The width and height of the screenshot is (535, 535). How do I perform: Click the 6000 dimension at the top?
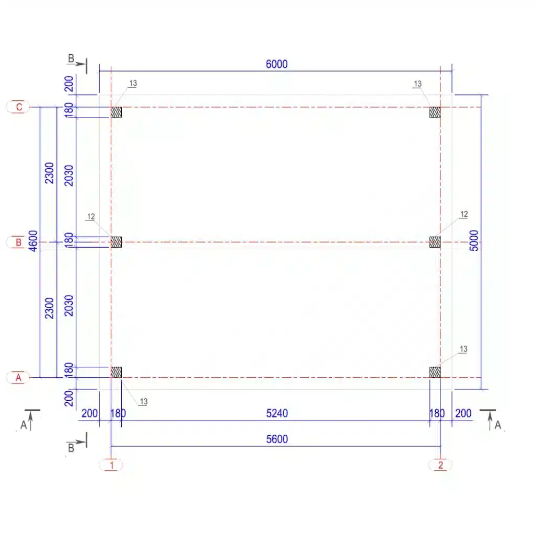pos(276,64)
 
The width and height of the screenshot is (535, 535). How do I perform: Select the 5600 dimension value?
pos(277,439)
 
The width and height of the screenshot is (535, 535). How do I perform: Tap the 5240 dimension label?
pos(277,413)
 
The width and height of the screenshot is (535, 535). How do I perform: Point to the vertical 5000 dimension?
pos(474,240)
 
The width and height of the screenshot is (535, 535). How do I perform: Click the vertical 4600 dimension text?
pos(33,241)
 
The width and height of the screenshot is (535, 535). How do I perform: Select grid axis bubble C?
pos(18,107)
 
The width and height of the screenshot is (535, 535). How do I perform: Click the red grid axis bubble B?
pos(18,242)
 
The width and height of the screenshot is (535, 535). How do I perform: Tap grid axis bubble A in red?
pos(18,378)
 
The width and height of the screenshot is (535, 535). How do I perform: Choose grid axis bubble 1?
pos(111,465)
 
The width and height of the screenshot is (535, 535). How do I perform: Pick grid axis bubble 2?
pos(440,465)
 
